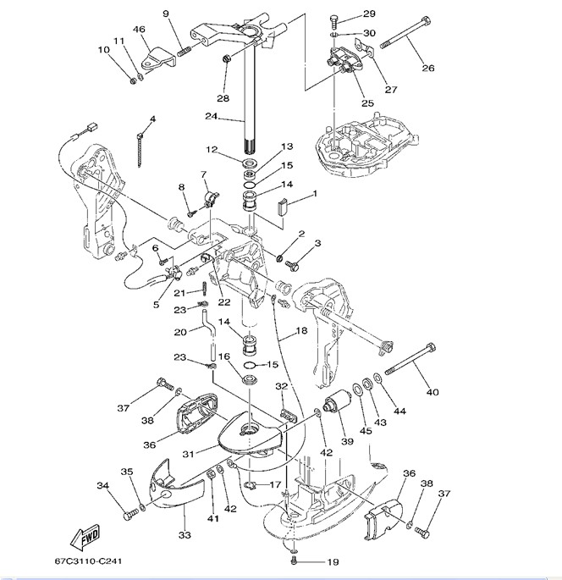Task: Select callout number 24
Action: coord(211,116)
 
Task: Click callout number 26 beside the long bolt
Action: coord(428,69)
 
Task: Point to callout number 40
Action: coord(433,392)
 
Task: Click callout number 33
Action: coord(184,534)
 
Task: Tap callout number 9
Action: coord(166,13)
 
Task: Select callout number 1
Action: coord(315,194)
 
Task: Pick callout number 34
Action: coord(102,486)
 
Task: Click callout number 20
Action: coord(180,332)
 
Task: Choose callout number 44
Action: coord(399,412)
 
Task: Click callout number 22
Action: coord(223,302)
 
